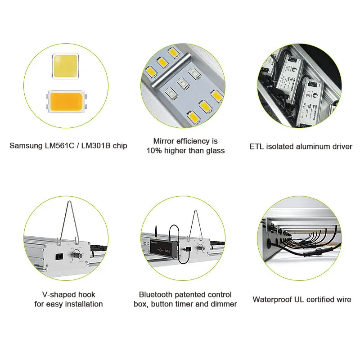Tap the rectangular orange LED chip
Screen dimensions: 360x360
point(66,102)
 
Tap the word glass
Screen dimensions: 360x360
point(214,151)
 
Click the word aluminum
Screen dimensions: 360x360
point(310,146)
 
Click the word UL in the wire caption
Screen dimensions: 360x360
point(299,299)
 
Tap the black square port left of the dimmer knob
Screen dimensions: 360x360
point(58,255)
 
